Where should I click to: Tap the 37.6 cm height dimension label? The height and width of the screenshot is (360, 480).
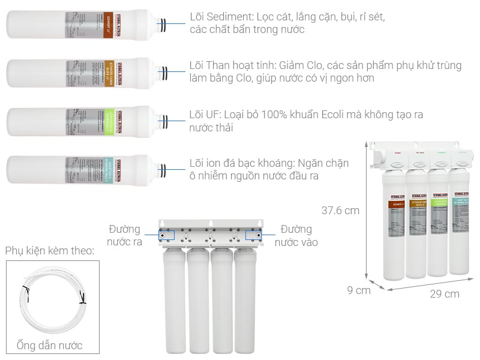(340, 211)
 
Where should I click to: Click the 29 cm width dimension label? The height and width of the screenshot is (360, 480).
(445, 294)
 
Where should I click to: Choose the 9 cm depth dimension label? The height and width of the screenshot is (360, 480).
(359, 290)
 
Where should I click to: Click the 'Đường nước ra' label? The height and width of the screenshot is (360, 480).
(124, 236)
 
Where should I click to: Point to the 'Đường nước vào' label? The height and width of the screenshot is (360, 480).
(296, 236)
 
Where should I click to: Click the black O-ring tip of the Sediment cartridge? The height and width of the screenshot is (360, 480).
(162, 24)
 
